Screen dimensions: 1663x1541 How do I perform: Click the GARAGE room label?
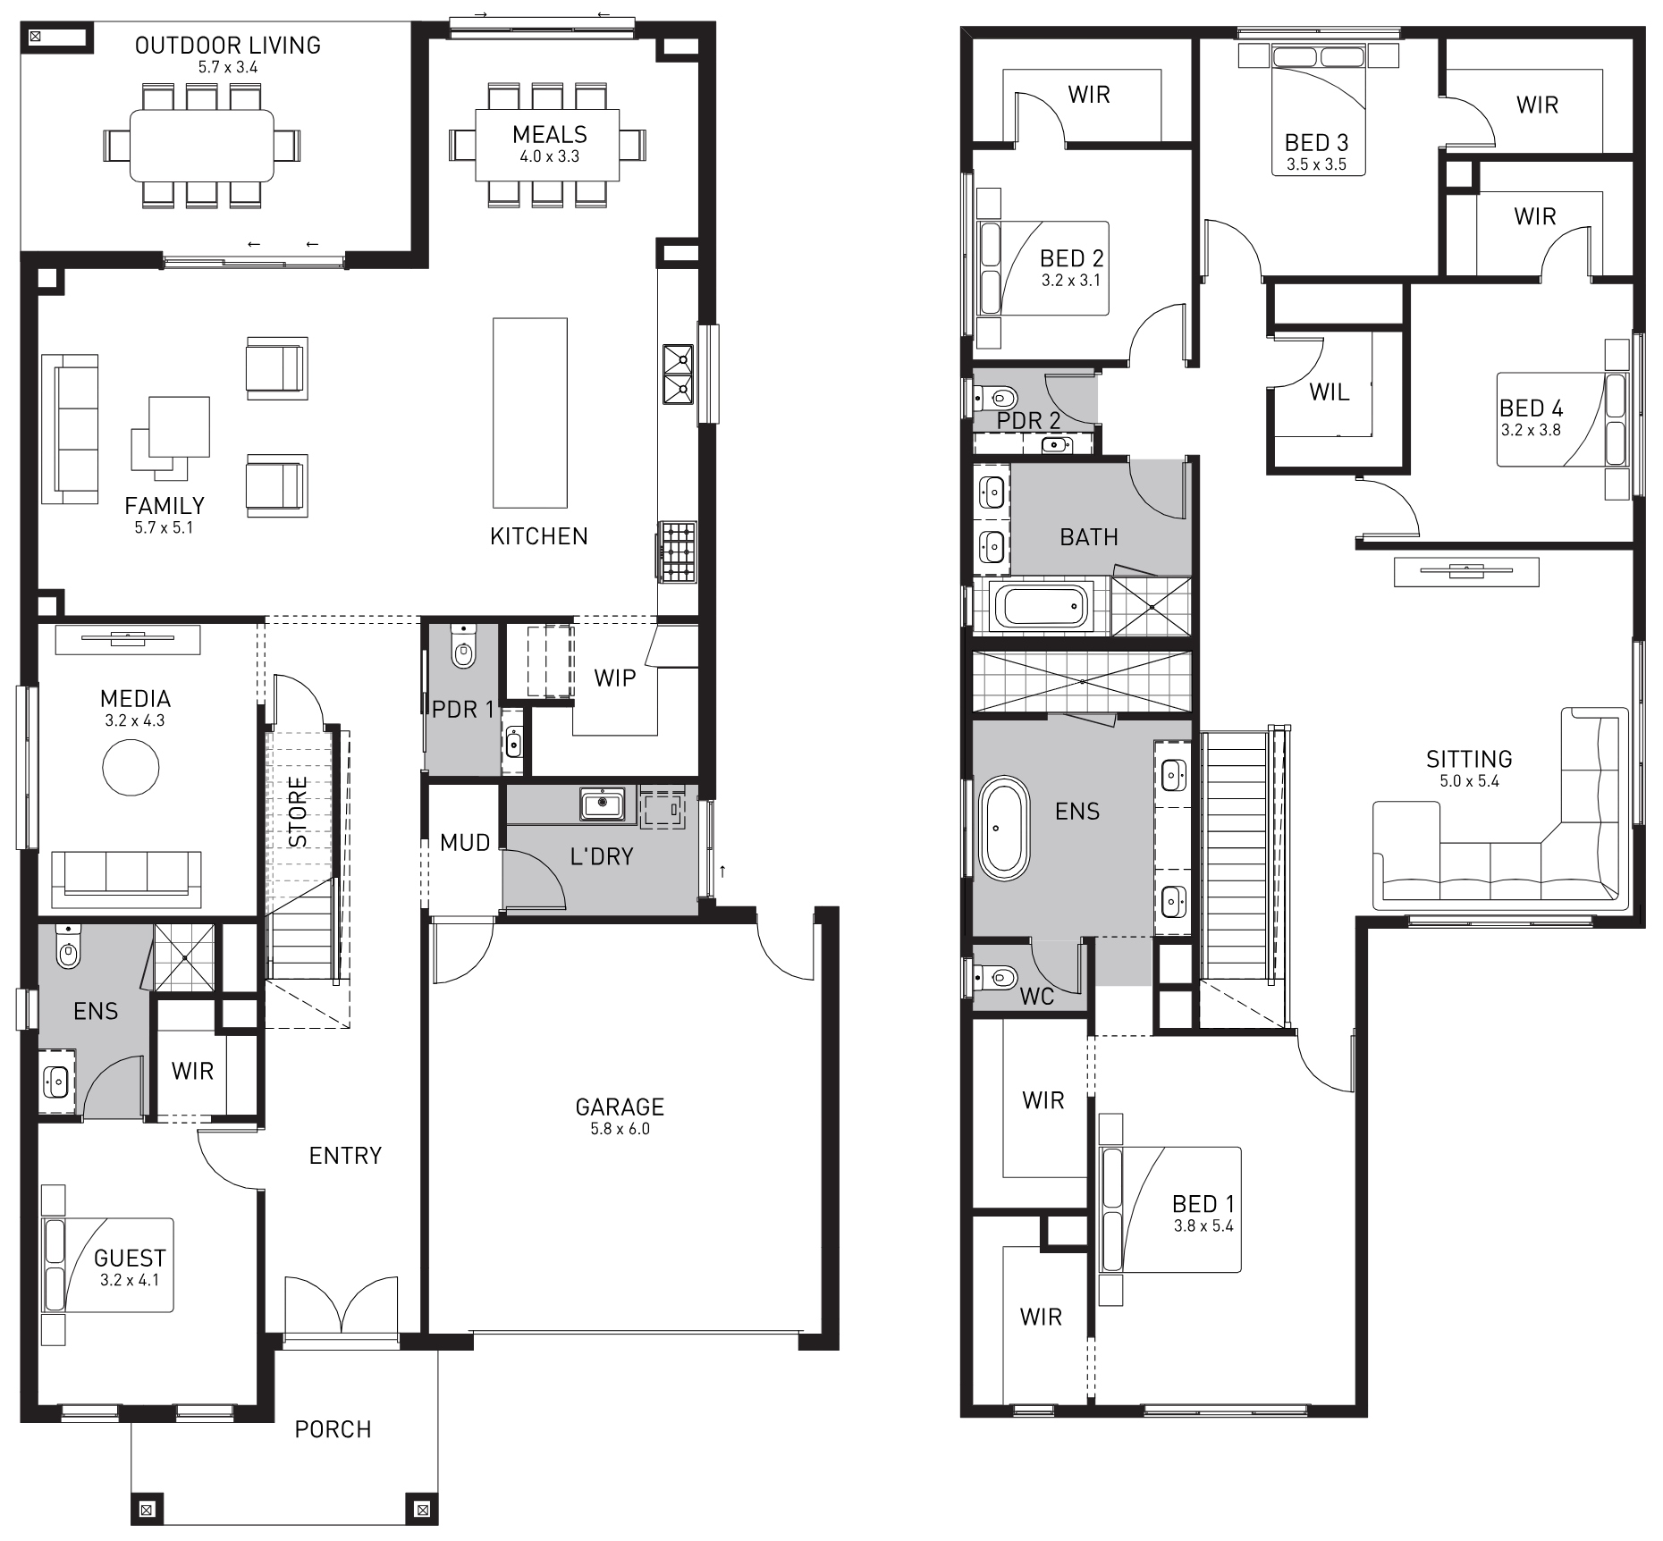tap(620, 1107)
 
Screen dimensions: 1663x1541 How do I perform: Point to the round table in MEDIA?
tap(131, 767)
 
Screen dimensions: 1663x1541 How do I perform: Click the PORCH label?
tap(333, 1429)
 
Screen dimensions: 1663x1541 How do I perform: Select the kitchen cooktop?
tap(678, 552)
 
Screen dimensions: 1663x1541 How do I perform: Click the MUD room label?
tap(465, 842)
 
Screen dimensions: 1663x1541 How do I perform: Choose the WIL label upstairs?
tap(1329, 392)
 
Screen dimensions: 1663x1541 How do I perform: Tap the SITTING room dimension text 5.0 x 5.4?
tap(1469, 781)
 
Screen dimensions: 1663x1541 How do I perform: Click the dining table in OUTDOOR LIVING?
tap(202, 145)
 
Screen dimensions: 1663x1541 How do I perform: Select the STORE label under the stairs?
tap(299, 812)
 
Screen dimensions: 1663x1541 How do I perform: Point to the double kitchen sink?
tap(678, 374)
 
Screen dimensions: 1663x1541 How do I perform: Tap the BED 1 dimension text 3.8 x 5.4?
tap(1203, 1225)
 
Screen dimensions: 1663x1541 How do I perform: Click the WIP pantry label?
tap(615, 678)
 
